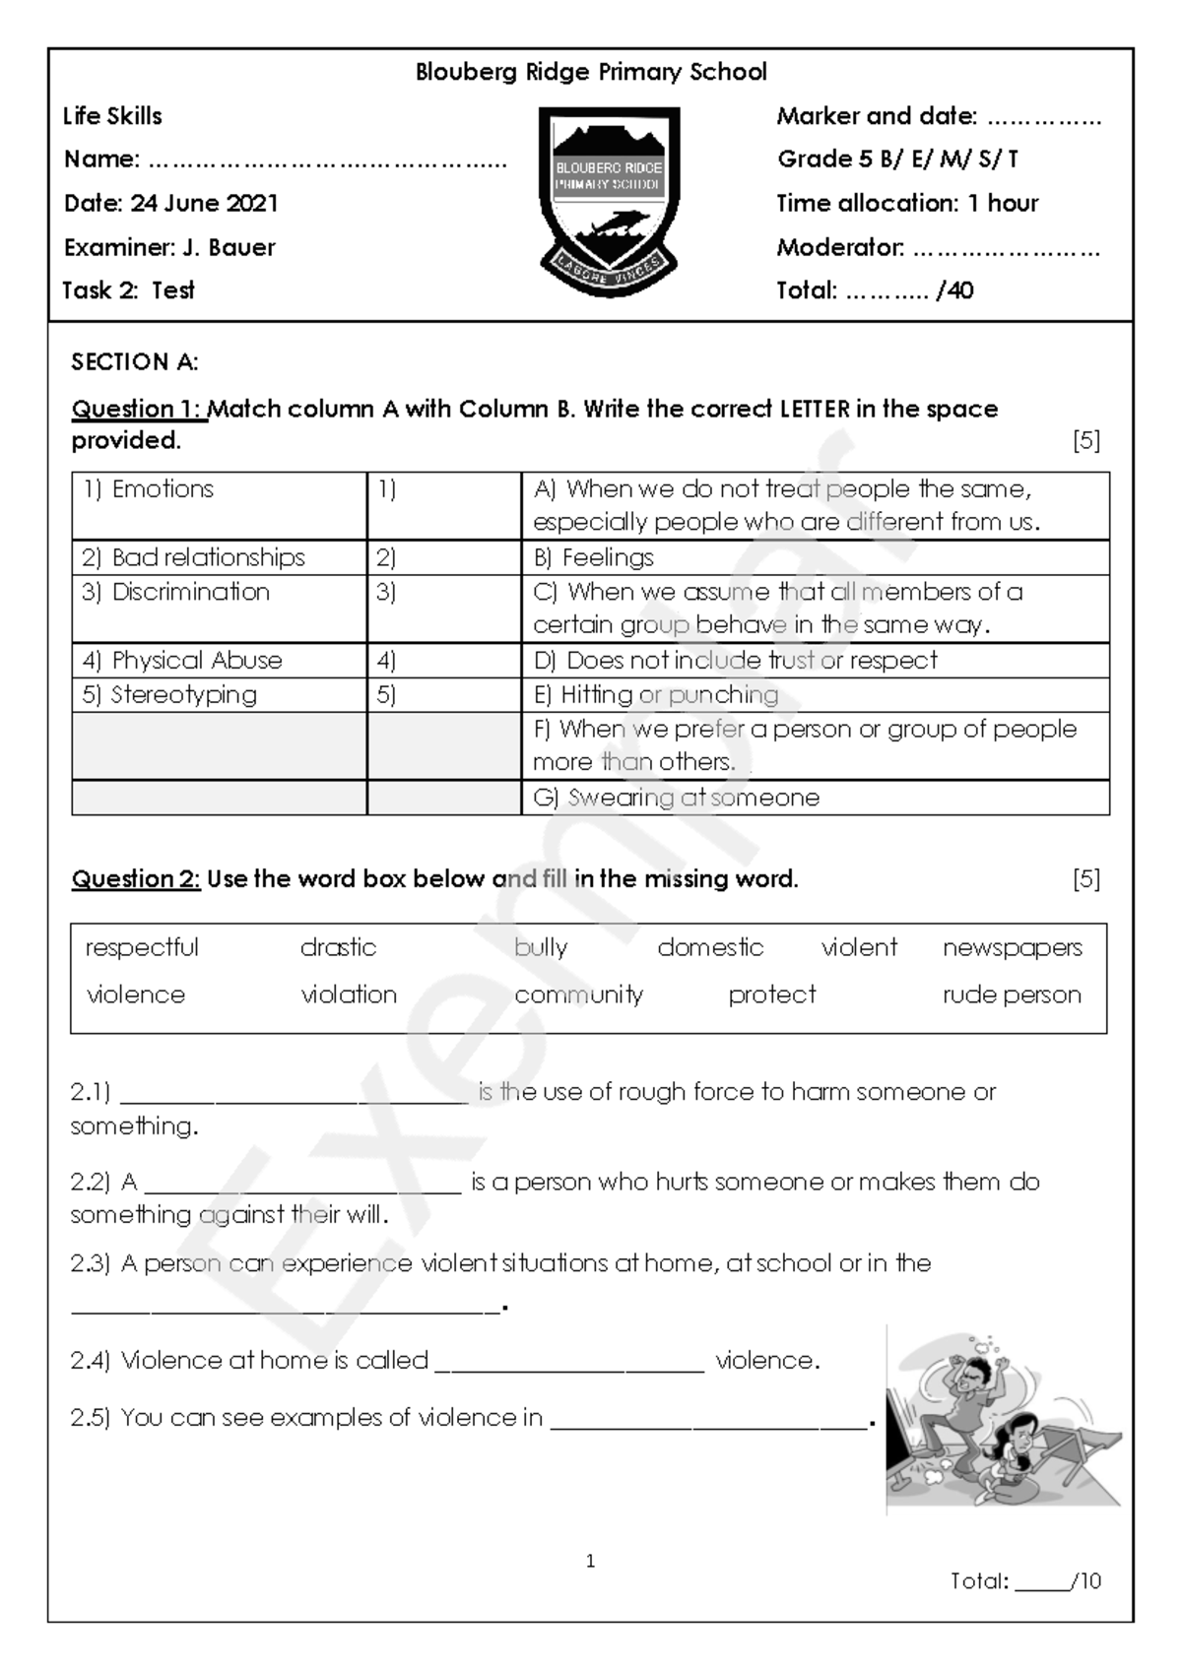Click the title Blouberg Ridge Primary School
(x=591, y=72)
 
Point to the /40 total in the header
(x=954, y=290)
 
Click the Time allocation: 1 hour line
(x=906, y=203)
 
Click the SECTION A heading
(x=134, y=361)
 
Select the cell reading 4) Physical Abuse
(x=182, y=660)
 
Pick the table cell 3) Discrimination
(x=176, y=592)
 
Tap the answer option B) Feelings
(x=594, y=557)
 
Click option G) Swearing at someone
(x=676, y=798)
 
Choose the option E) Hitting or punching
(x=656, y=694)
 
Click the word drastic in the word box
(x=338, y=947)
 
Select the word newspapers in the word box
(x=1012, y=947)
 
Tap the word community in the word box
(x=578, y=995)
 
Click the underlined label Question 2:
(x=136, y=878)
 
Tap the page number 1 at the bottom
(x=590, y=1561)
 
